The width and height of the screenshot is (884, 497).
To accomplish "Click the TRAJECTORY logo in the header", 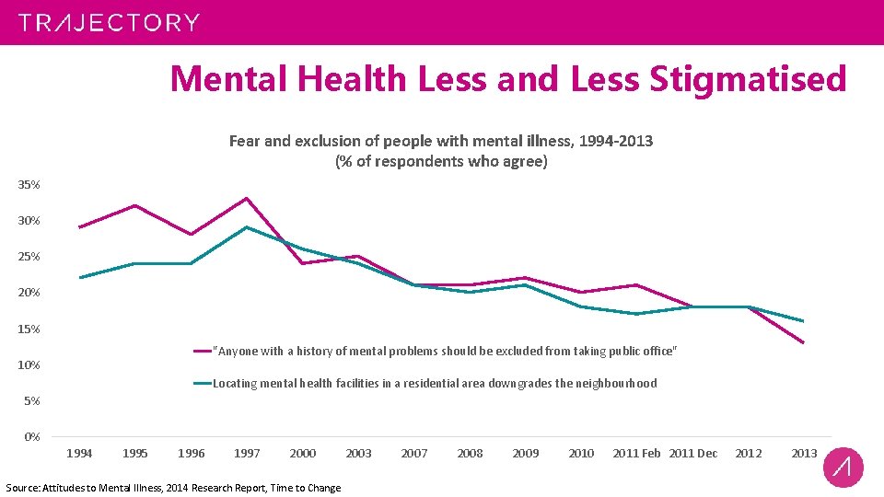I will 109,22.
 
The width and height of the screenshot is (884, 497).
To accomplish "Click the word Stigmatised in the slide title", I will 747,79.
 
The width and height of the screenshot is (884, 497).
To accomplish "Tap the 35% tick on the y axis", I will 29,185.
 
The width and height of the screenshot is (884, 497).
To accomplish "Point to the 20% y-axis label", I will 29,293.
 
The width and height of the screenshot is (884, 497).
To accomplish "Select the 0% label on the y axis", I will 32,436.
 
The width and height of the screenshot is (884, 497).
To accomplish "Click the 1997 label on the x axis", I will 247,453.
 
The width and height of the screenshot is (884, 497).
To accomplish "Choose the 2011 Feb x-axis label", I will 636,453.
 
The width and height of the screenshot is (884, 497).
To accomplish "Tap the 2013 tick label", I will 804,453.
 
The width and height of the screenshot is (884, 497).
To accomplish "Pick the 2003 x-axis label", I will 358,453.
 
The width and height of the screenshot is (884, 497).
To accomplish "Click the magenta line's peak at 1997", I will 247,198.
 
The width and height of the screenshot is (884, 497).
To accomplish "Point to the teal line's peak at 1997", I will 247,226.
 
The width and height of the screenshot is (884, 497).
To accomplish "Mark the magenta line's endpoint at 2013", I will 804,343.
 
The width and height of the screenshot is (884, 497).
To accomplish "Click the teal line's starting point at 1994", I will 80,277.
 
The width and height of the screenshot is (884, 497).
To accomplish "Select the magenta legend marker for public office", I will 203,351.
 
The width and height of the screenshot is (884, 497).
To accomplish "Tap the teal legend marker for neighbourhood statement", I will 203,383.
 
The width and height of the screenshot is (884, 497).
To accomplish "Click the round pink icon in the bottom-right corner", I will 843,467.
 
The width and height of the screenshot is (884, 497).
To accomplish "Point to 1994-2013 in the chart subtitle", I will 607,141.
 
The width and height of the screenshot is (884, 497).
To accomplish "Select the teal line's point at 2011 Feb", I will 636,314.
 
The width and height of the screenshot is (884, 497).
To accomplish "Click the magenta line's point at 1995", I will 135,205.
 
